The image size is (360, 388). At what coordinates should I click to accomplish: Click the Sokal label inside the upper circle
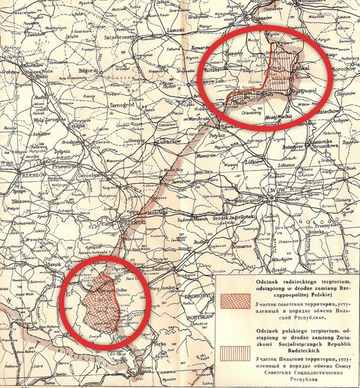[292, 67]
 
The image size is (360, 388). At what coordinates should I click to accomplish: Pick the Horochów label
[342, 68]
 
